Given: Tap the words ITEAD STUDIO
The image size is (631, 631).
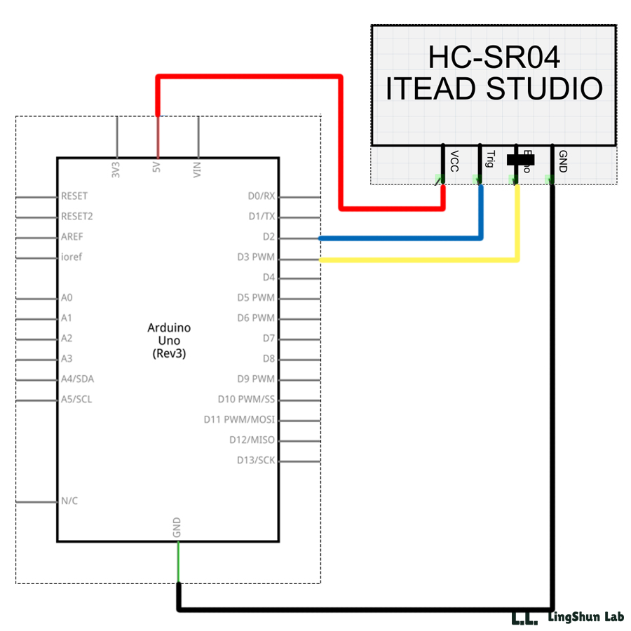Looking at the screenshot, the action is click(x=494, y=88).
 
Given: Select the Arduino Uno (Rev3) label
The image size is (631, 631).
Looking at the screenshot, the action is click(x=169, y=341).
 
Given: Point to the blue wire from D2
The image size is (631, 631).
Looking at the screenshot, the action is click(x=400, y=238).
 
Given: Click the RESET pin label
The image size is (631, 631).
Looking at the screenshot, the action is click(x=74, y=196).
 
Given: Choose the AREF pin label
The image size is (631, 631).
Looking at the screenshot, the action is click(x=72, y=237).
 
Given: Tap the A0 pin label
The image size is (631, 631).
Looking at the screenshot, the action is click(x=67, y=297).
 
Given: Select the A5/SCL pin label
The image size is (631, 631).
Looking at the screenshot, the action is click(x=76, y=400).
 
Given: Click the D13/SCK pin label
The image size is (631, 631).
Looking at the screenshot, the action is click(x=256, y=461).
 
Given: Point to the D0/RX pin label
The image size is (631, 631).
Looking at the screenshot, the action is click(x=262, y=196).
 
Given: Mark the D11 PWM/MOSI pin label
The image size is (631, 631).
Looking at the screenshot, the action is click(x=239, y=420).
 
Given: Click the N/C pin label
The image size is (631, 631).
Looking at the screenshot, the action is click(x=70, y=501).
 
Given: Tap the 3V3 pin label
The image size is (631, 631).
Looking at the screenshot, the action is click(x=116, y=169).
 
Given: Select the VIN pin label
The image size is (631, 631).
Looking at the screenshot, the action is click(x=198, y=169).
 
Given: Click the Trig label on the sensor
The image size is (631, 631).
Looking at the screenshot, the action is click(x=490, y=159).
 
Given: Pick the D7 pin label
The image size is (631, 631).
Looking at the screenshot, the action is click(x=268, y=339).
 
